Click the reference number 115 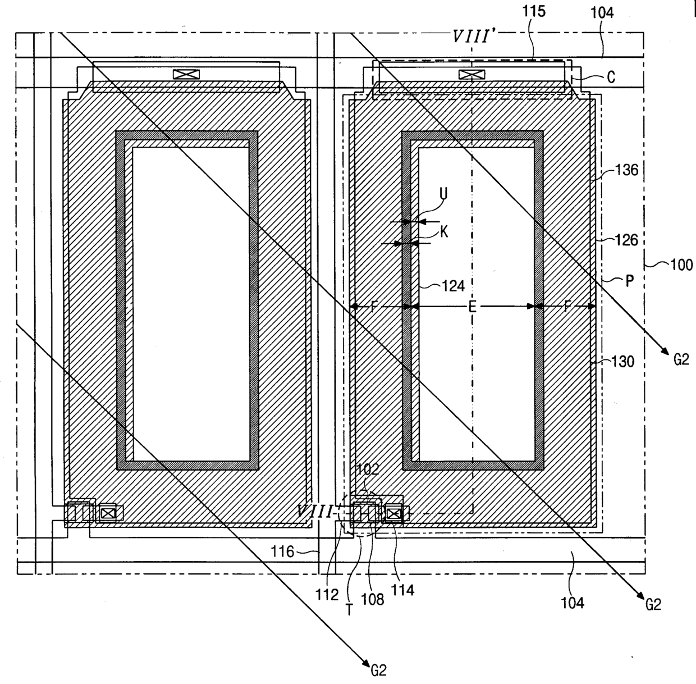(534, 12)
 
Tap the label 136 (626, 169)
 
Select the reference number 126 (626, 240)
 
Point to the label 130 (622, 362)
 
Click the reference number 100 (681, 264)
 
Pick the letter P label (629, 280)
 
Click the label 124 (453, 286)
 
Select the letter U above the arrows (443, 193)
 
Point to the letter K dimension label (444, 232)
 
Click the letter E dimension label (472, 307)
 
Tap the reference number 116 (283, 551)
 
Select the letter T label (349, 609)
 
